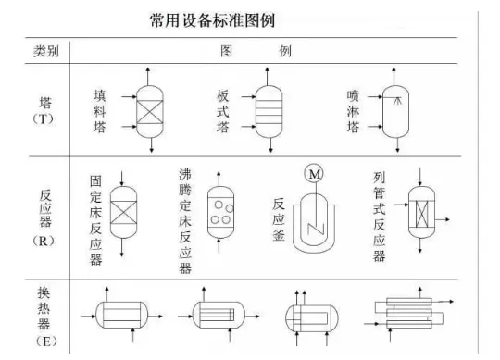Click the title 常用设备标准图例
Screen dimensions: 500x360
pyautogui.click(x=212, y=20)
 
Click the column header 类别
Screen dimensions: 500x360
pyautogui.click(x=46, y=51)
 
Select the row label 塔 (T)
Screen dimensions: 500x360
pyautogui.click(x=44, y=111)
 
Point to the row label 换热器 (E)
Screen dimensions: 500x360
pyautogui.click(x=44, y=317)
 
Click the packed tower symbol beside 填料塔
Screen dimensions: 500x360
pyautogui.click(x=150, y=111)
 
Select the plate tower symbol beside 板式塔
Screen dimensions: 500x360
pyautogui.click(x=269, y=111)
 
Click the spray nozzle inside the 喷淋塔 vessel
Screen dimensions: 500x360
pyautogui.click(x=396, y=101)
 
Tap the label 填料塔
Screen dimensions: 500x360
pyautogui.click(x=99, y=111)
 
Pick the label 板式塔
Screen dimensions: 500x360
pyautogui.click(x=222, y=111)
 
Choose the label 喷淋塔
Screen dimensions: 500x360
pyautogui.click(x=353, y=111)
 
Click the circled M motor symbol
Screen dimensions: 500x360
pyautogui.click(x=314, y=174)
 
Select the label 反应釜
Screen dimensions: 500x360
pyautogui.click(x=279, y=219)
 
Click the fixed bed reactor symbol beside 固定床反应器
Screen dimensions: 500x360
pyautogui.click(x=123, y=213)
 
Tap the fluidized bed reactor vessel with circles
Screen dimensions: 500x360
pyautogui.click(x=220, y=213)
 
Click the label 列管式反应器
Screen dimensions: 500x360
pyautogui.click(x=379, y=217)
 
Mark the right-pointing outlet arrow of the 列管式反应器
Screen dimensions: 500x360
pyautogui.click(x=443, y=219)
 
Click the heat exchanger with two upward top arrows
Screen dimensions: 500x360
pyautogui.click(x=311, y=317)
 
